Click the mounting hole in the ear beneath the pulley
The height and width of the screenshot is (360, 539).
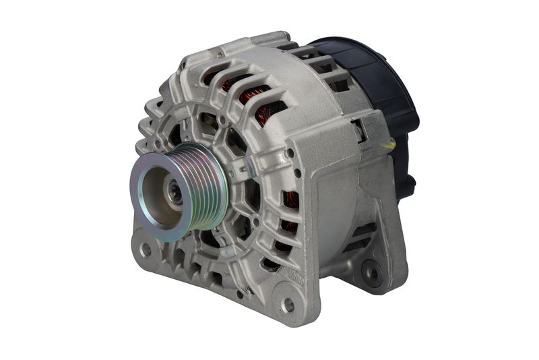click(x=146, y=249)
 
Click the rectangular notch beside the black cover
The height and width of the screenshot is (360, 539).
click(x=360, y=132)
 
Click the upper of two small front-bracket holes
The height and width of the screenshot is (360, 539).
click(x=290, y=153)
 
